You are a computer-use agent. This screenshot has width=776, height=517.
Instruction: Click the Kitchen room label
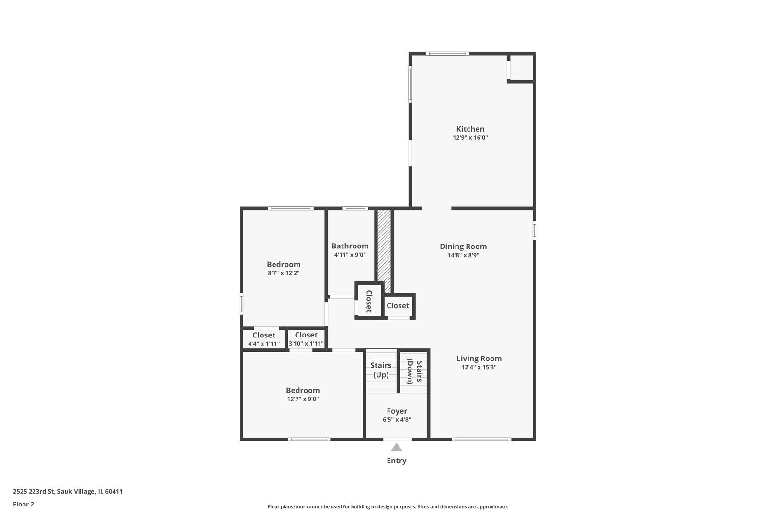470,129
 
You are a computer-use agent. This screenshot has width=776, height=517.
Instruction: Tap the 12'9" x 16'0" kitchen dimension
470,138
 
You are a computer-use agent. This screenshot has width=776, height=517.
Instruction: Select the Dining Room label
463,247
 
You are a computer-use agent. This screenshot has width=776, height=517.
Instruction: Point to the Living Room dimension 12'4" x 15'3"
479,367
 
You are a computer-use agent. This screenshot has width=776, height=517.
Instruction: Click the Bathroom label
350,246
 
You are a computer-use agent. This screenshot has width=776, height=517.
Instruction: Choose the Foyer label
397,411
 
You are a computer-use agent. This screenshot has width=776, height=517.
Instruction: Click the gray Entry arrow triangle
397,448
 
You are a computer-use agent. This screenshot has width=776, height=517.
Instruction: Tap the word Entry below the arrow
397,461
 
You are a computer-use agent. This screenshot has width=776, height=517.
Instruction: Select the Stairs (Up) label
381,370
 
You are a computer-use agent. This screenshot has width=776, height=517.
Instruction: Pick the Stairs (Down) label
414,372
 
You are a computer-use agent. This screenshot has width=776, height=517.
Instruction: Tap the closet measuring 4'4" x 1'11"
263,339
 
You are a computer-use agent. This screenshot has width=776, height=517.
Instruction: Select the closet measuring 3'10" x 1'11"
306,339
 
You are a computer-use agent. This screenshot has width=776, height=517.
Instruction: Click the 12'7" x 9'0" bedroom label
303,394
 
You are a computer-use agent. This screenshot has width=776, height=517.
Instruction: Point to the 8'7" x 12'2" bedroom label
284,269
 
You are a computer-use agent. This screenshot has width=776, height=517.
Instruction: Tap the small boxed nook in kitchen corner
521,67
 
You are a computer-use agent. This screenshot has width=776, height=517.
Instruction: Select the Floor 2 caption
23,504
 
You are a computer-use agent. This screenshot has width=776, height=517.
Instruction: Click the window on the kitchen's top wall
447,54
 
